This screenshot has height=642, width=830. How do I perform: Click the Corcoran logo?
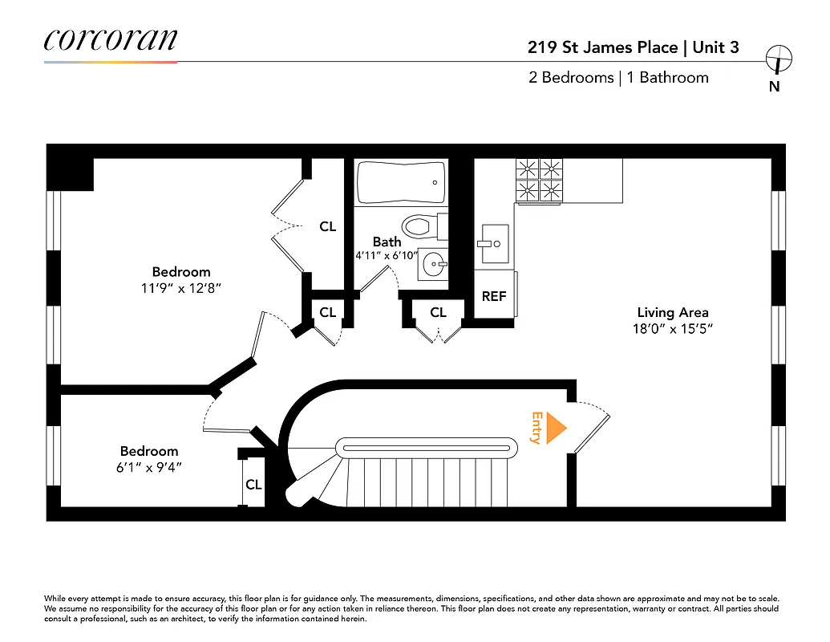(x=110, y=40)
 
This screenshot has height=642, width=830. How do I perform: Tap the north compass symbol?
(x=778, y=59)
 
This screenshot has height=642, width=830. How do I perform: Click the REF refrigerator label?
(x=494, y=296)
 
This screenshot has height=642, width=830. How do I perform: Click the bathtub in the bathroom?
(x=401, y=183)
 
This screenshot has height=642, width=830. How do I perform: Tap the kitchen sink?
(x=492, y=243)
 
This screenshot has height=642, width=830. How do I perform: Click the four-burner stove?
(x=538, y=179)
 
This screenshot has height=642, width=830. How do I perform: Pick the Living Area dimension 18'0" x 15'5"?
(x=672, y=328)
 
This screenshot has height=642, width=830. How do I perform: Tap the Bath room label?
(x=387, y=242)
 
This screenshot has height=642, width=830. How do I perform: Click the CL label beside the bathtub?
(x=328, y=226)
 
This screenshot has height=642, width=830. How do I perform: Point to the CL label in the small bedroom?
(x=253, y=485)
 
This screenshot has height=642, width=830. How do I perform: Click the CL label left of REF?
(x=438, y=312)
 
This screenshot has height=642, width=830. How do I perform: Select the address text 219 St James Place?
(x=603, y=47)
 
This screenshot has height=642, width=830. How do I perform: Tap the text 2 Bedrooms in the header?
(x=569, y=78)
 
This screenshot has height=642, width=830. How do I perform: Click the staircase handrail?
(x=426, y=447)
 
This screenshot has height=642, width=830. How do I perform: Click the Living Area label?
(x=672, y=312)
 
